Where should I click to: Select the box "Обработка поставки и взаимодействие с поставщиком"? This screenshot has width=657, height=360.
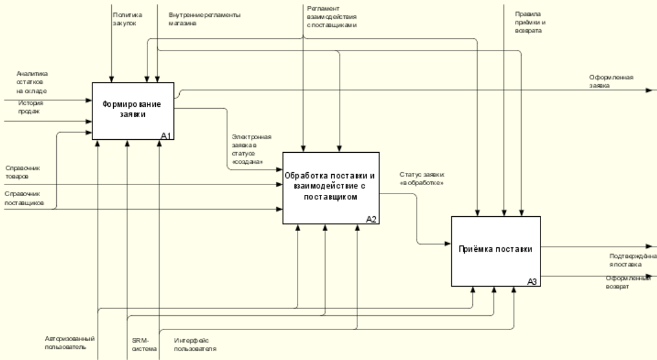[330, 186]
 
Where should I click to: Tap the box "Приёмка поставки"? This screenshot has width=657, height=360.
[495, 249]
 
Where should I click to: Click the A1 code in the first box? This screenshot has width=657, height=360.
[166, 136]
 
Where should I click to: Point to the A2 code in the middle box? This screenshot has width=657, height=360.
[371, 220]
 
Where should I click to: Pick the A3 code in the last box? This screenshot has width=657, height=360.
[532, 282]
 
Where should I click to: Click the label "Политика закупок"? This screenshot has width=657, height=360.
[127, 19]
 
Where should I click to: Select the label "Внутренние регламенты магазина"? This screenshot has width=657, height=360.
[204, 19]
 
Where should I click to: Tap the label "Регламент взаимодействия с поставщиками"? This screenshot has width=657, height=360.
[332, 17]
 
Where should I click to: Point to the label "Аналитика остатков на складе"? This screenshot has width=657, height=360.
[32, 82]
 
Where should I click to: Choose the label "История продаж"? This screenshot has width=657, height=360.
[30, 107]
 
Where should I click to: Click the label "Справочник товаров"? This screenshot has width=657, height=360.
[22, 172]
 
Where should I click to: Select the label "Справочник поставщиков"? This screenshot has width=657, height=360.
[24, 198]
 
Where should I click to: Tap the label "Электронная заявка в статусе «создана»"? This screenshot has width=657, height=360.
[251, 149]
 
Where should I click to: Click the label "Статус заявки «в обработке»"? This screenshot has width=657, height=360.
[422, 178]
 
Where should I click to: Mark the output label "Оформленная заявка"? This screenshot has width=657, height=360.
[611, 81]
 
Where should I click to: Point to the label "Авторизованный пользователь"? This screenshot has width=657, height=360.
[69, 343]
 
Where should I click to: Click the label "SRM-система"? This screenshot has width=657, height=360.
[144, 345]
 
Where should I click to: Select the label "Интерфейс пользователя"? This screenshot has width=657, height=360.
[195, 345]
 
